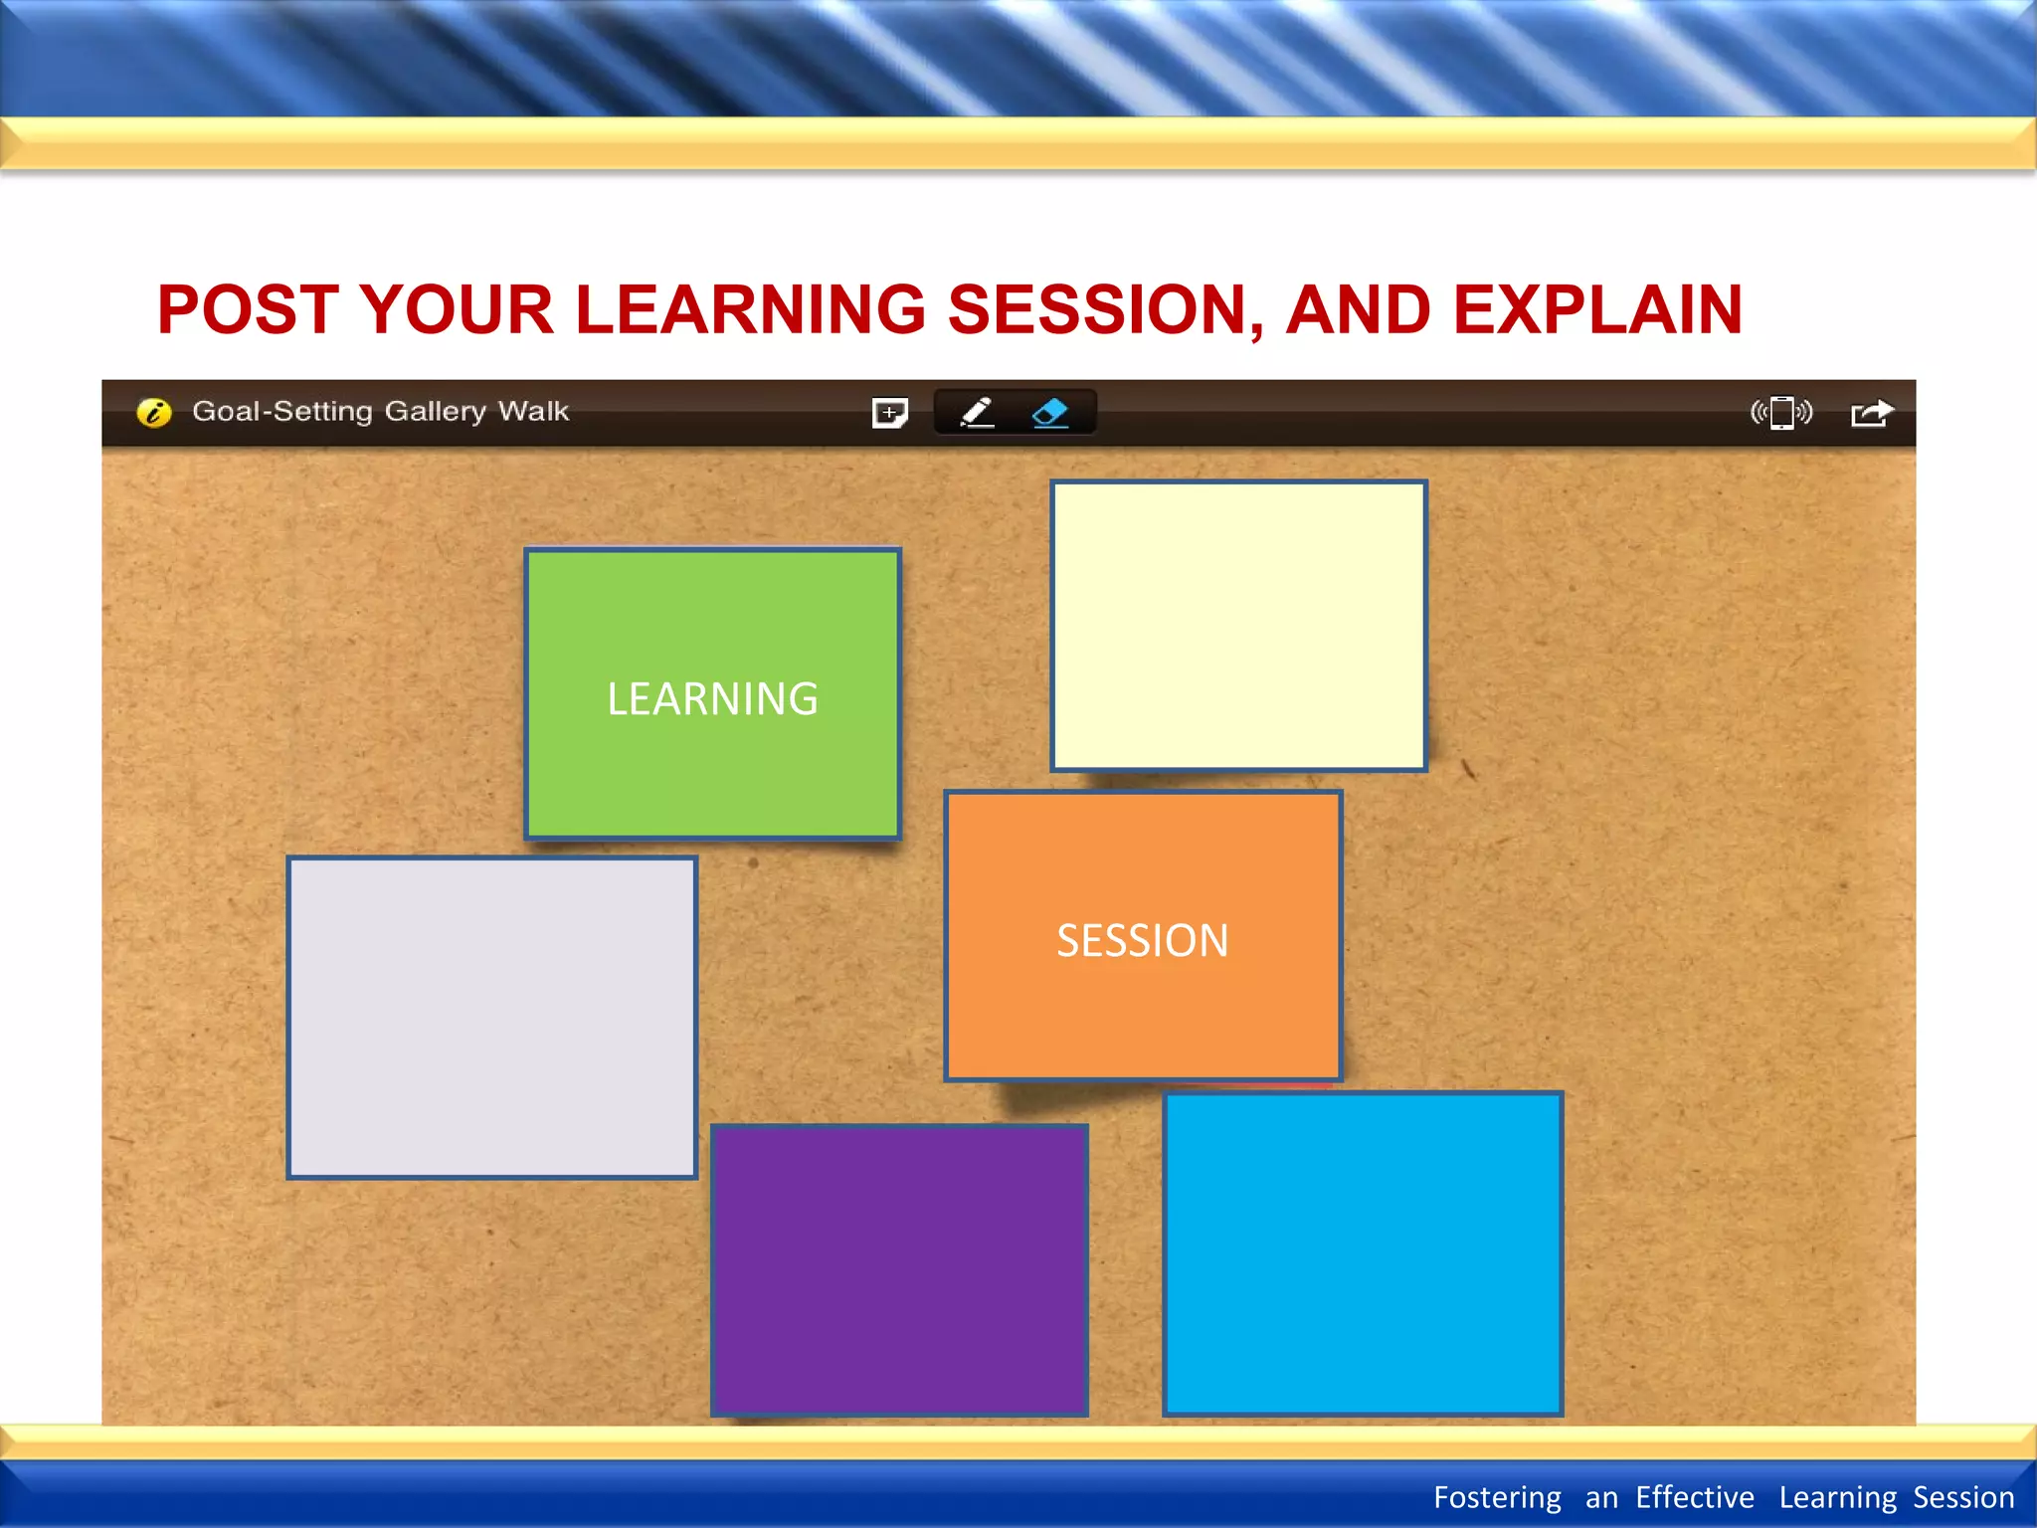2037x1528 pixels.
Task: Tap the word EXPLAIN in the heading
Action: tap(1597, 309)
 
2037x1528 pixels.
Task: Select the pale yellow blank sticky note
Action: tap(1238, 626)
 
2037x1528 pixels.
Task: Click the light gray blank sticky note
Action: tap(491, 1017)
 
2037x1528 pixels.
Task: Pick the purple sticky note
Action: tap(899, 1269)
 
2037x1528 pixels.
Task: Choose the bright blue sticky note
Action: tap(1362, 1253)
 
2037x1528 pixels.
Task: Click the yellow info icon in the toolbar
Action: tap(154, 412)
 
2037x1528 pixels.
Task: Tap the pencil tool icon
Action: tap(977, 412)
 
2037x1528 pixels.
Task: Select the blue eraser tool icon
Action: tap(1050, 412)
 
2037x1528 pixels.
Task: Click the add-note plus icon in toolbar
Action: tap(889, 412)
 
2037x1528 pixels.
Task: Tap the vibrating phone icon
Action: tap(1781, 412)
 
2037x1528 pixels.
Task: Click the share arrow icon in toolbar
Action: tap(1871, 412)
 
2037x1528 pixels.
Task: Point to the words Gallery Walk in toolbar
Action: tap(476, 411)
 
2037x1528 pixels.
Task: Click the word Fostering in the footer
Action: tap(1497, 1497)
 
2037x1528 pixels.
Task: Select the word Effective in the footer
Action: tap(1694, 1497)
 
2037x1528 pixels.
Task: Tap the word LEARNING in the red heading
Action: tap(751, 309)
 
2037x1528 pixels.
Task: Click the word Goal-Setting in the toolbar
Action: tap(281, 411)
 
